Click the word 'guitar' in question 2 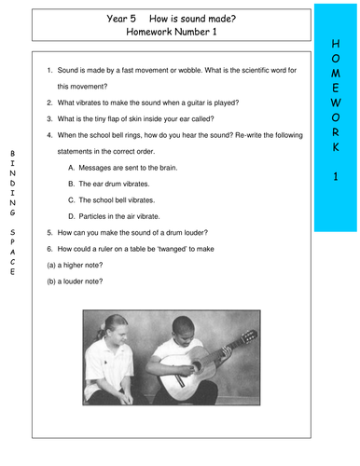[200, 102]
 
